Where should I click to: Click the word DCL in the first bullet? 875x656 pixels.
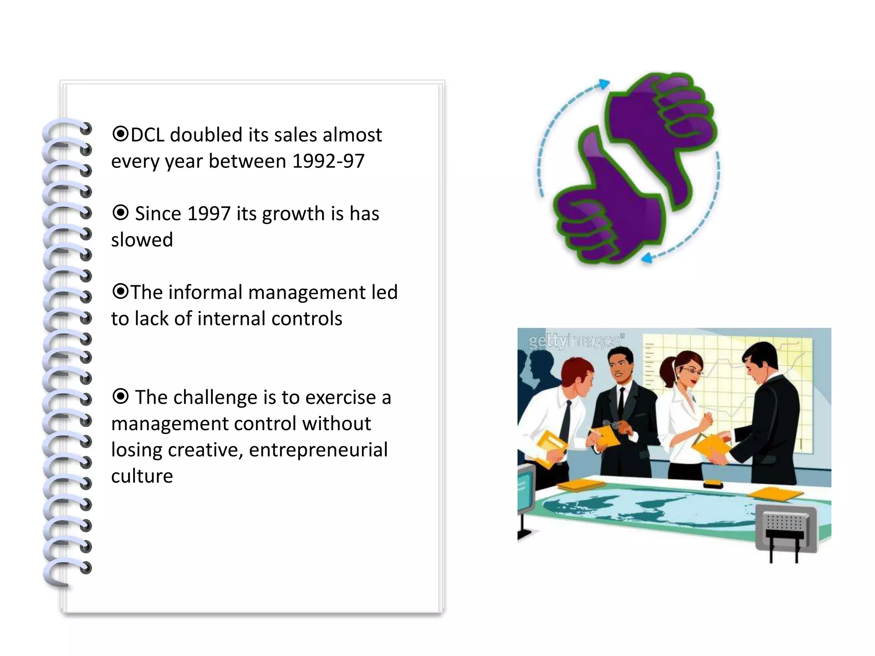click(x=147, y=135)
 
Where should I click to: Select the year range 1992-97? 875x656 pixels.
click(x=329, y=161)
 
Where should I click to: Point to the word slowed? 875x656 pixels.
click(x=142, y=240)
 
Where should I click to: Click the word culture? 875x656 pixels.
click(x=142, y=476)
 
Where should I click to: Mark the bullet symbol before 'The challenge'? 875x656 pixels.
click(x=120, y=396)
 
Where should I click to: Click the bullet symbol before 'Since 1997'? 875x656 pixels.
click(x=120, y=212)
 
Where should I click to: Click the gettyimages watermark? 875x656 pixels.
click(x=575, y=341)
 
